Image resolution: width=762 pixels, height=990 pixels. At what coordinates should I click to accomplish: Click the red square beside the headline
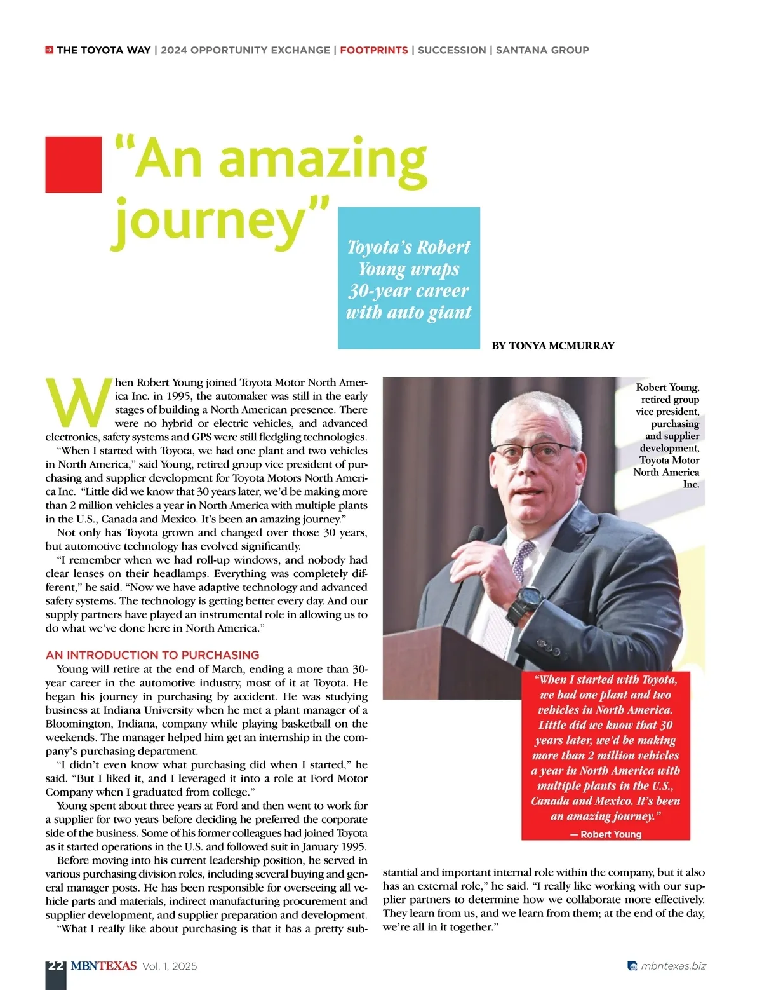coord(73,164)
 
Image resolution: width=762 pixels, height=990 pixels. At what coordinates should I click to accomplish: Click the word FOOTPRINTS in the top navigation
coord(373,50)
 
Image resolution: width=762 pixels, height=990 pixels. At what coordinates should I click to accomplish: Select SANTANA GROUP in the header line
coord(542,50)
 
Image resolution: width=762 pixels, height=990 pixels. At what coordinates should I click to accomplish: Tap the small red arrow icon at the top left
coord(49,50)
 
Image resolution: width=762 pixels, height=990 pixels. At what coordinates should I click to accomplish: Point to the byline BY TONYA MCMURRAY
coord(553,346)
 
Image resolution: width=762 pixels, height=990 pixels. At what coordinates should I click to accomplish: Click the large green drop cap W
coord(77,403)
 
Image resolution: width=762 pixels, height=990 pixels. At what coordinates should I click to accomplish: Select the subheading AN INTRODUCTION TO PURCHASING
coord(152,654)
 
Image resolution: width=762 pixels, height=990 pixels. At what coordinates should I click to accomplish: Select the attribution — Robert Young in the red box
coord(606,834)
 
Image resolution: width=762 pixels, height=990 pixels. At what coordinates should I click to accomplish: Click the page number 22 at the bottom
coord(56,966)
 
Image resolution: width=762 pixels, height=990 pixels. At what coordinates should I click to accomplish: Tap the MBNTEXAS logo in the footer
coord(104,966)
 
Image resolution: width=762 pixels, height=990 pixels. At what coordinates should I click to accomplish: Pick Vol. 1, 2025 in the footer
coord(170,966)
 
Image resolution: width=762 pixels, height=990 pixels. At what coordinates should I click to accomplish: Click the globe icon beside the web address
coord(632,966)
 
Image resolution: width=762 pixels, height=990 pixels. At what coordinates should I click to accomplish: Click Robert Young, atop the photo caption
coord(667,387)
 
